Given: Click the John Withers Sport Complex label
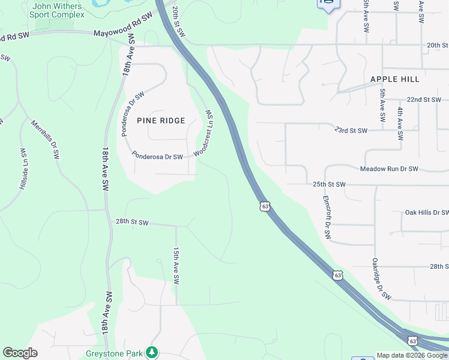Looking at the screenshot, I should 58,10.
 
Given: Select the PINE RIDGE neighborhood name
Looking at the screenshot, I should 161,121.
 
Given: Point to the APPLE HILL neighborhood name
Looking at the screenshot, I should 394,79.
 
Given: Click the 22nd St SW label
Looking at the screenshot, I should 423,100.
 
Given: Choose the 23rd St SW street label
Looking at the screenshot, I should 350,130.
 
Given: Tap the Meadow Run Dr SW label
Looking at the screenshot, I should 388,169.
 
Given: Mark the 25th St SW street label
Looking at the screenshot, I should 329,184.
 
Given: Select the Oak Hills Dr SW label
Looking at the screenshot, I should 426,212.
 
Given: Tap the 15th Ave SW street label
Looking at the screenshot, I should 176,266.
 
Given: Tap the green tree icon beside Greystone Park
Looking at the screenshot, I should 152,352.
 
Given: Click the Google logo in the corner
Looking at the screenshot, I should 20,353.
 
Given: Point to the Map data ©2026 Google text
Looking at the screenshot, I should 412,355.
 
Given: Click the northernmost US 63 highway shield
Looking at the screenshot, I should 265,206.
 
